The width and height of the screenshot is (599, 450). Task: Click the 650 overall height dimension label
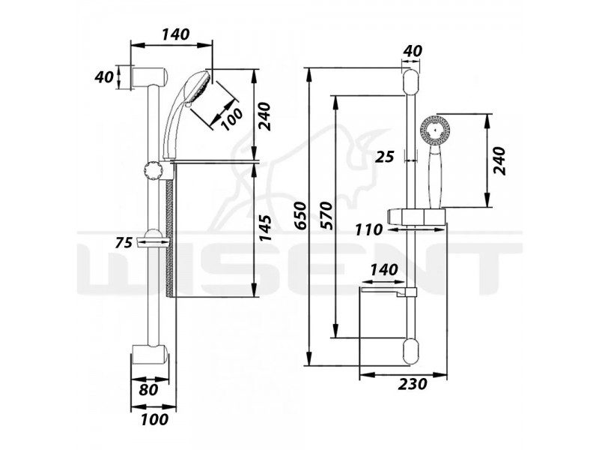[302, 215]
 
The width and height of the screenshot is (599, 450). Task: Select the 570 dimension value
[327, 215]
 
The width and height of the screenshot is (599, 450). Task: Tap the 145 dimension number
[265, 229]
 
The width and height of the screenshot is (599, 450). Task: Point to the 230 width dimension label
[413, 384]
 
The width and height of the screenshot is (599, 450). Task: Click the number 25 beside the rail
[384, 157]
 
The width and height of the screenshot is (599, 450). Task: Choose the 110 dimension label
[368, 230]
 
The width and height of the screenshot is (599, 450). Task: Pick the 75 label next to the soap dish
[124, 242]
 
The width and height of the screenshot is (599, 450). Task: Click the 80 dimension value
[148, 390]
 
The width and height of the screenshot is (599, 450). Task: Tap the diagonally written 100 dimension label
[231, 119]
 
